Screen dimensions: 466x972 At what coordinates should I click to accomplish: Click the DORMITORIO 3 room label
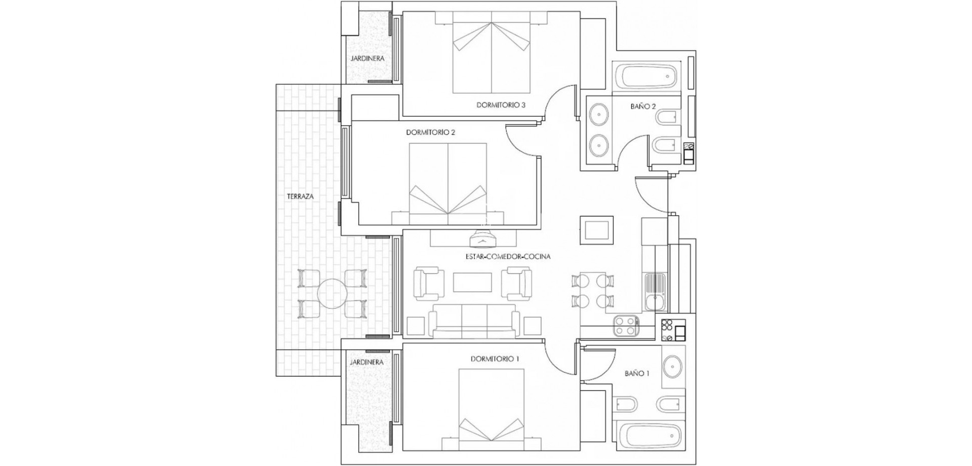[501, 105]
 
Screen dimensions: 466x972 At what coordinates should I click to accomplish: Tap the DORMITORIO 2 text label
[431, 132]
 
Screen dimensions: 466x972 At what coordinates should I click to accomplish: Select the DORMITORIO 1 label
[495, 359]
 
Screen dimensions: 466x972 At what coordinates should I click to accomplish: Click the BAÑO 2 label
[643, 106]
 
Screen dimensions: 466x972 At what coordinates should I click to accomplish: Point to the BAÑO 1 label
[637, 373]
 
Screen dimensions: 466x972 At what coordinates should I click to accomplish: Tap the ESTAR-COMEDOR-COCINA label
[508, 256]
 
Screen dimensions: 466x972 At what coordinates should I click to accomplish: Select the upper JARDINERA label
[367, 58]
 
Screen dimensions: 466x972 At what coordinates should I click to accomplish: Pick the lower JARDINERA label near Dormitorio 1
[367, 362]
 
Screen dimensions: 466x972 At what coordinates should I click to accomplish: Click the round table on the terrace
[332, 293]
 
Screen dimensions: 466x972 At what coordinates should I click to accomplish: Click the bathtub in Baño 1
[649, 435]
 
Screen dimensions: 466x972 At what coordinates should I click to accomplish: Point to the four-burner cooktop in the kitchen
[625, 326]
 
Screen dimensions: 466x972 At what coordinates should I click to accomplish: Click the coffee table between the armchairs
[472, 283]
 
